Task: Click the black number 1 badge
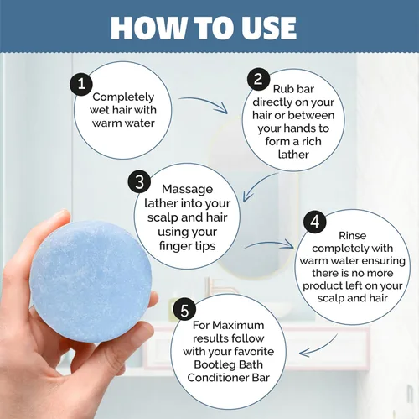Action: tap(81, 84)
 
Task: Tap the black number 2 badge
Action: tap(258, 79)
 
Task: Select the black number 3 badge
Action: tap(139, 181)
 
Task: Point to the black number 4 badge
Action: tap(315, 222)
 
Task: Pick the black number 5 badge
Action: tap(184, 310)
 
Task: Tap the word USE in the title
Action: tap(268, 28)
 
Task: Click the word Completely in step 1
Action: tap(123, 97)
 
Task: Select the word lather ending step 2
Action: tap(293, 155)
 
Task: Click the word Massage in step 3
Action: tap(187, 189)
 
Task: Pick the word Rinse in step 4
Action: tap(352, 235)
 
